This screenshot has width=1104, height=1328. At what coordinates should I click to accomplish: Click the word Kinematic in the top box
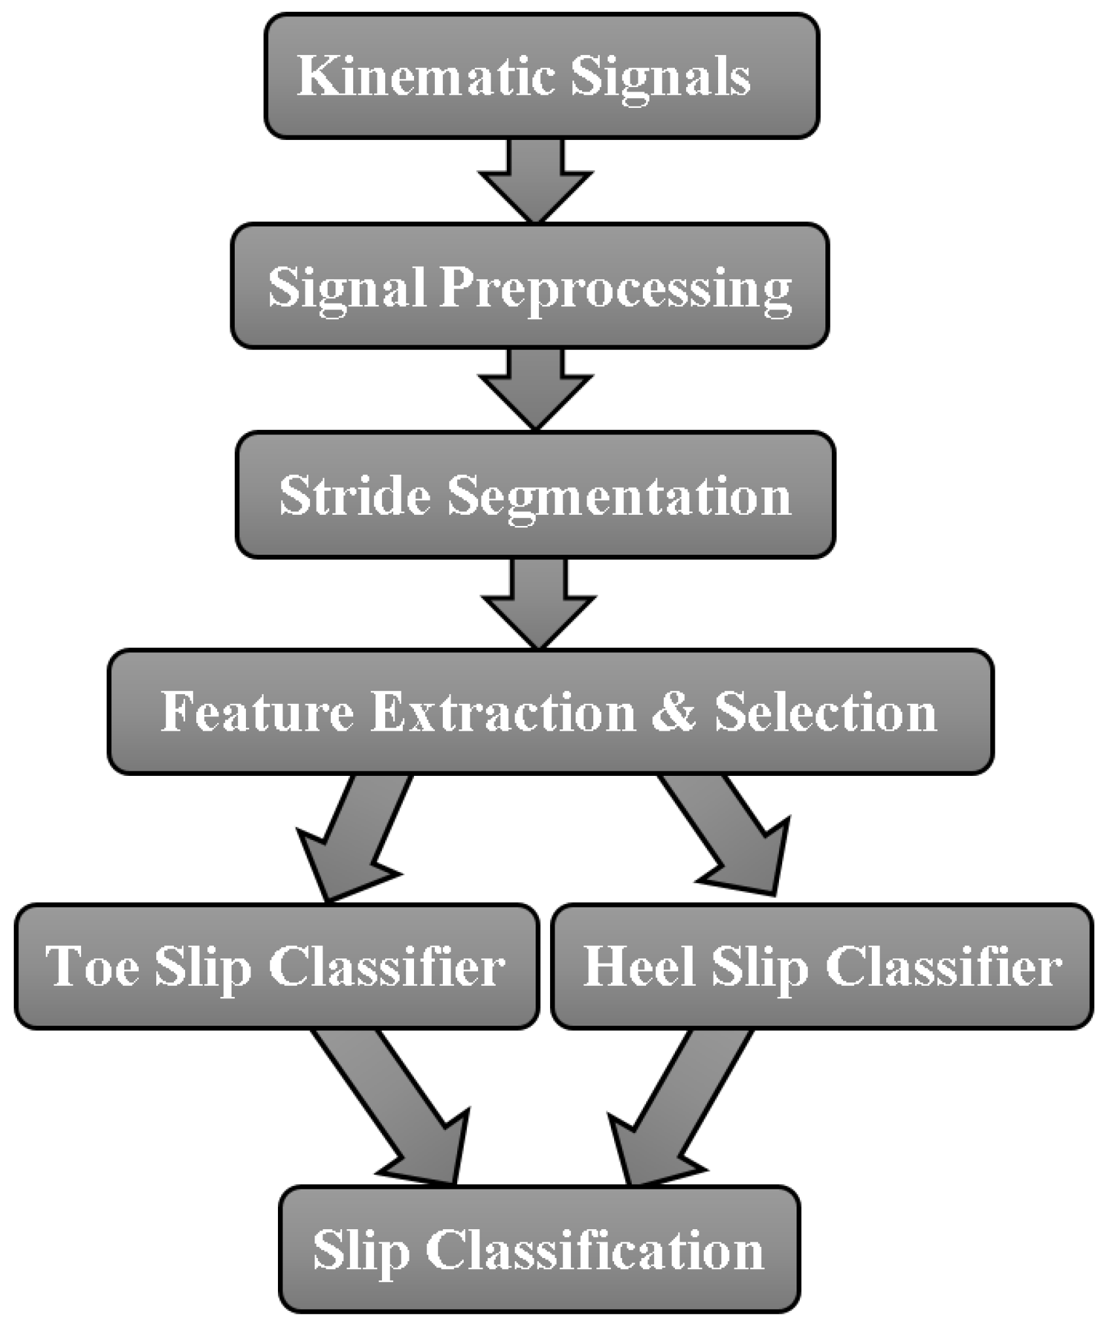[426, 77]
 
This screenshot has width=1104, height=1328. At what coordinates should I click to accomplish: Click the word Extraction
[503, 712]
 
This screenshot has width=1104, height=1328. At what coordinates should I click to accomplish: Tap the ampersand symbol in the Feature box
[673, 712]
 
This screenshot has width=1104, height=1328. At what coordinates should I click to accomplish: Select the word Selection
[825, 712]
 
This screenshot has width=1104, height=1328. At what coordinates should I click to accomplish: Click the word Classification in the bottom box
[595, 1250]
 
